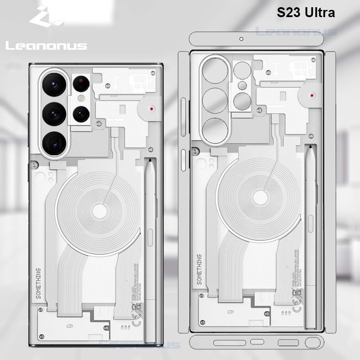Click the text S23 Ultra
306,13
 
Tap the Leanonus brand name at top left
46,45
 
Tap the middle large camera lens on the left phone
55,113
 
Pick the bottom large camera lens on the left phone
55,143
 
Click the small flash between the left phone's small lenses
81,98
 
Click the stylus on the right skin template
310,234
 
